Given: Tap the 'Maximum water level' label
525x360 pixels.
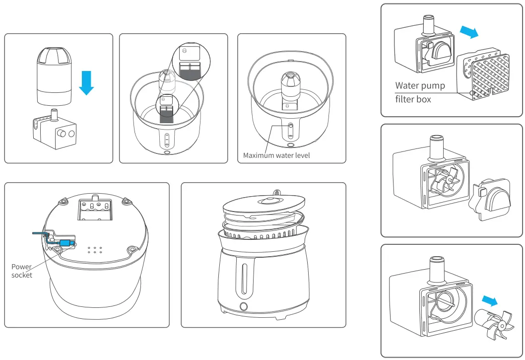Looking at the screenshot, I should click(276, 155).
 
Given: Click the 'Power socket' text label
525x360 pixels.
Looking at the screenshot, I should click(22, 271).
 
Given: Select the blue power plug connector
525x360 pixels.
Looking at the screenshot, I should click(66, 243).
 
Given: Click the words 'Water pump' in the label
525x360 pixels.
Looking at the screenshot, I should click(420, 85).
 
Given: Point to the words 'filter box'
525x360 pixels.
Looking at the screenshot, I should click(413, 99).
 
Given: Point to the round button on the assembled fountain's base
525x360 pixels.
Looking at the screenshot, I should click(244, 306).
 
